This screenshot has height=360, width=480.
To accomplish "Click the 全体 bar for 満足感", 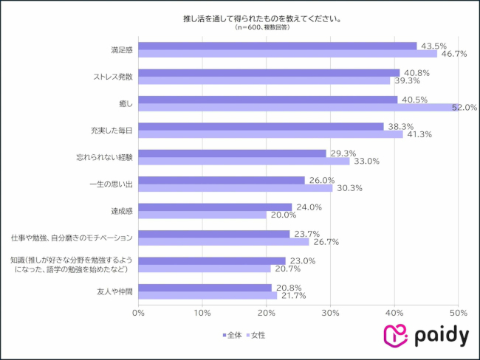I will (x=277, y=46).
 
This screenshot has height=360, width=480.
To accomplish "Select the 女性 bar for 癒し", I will (x=299, y=108).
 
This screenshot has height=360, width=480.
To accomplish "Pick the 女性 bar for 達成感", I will (x=202, y=215).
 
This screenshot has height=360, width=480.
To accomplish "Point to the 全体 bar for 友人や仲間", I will (x=205, y=287).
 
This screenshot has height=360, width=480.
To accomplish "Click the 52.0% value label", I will (x=464, y=108).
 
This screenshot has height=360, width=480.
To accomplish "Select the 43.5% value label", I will (x=433, y=46).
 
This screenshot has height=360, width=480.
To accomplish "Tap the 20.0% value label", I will (x=283, y=215).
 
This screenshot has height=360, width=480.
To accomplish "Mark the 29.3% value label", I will (x=343, y=153).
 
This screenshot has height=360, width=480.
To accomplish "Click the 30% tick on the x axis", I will (x=330, y=313).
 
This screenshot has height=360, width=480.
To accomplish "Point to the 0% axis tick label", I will (x=138, y=313).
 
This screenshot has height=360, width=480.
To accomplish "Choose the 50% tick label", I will (x=459, y=313).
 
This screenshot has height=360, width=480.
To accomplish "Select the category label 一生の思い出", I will (x=109, y=184).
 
